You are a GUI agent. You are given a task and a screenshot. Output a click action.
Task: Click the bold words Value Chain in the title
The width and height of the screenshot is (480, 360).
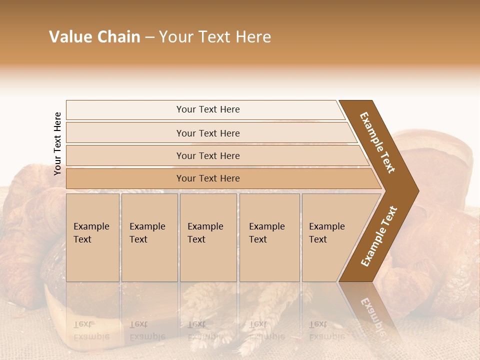point(94,37)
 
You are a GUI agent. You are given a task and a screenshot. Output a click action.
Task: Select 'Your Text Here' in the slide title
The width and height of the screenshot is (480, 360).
point(215,37)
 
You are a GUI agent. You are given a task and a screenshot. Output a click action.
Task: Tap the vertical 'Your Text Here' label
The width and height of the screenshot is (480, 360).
point(57,143)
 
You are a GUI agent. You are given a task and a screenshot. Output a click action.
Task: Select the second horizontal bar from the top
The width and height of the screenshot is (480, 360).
point(207,133)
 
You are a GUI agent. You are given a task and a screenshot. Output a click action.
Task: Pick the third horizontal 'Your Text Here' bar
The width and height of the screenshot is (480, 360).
point(207,155)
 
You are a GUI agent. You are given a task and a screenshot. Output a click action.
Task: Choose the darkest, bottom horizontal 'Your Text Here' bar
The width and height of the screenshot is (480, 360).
point(207,178)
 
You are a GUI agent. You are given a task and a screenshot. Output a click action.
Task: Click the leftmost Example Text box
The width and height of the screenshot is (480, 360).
point(92,237)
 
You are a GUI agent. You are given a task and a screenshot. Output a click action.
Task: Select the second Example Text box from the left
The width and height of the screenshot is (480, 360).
point(149,237)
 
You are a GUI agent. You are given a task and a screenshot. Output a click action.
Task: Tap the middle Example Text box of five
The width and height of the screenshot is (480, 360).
point(208,237)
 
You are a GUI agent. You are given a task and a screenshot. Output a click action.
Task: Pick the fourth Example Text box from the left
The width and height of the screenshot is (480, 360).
point(269,237)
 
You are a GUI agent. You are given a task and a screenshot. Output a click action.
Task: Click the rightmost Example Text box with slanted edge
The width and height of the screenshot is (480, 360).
point(330,237)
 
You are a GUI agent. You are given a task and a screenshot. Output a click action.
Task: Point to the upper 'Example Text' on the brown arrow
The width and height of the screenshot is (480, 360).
point(378,142)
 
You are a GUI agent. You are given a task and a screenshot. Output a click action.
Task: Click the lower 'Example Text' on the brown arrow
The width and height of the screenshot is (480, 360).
point(379,236)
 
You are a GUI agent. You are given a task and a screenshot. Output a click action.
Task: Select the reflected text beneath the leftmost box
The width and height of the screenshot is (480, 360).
point(91,330)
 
